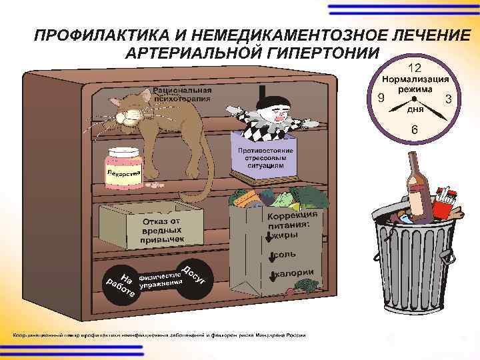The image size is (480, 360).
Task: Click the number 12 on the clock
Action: (x=414, y=68)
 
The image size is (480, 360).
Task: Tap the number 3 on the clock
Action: (x=449, y=99)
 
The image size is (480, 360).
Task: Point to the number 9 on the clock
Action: (x=380, y=99)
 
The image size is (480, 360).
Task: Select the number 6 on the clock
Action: (x=415, y=129)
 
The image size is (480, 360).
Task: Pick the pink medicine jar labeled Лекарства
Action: (x=124, y=169)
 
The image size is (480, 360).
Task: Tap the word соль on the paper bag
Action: (x=286, y=255)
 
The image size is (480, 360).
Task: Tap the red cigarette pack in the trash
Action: (x=445, y=195)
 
